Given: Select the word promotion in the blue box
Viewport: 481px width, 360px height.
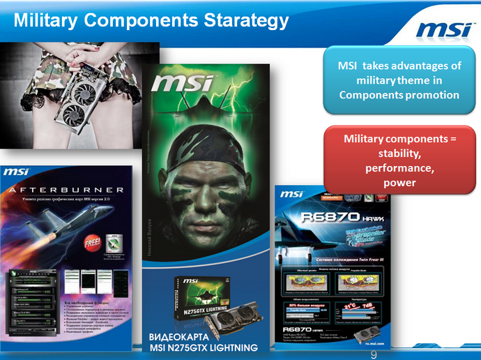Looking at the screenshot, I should [x=433, y=95].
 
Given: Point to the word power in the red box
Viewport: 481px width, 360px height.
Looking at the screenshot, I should [x=399, y=183].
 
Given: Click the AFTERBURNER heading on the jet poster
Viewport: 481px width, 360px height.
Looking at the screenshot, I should [x=68, y=189].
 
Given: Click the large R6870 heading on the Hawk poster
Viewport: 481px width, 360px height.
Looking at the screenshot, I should [x=320, y=216].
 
